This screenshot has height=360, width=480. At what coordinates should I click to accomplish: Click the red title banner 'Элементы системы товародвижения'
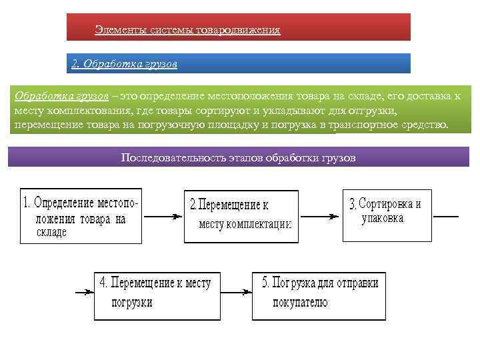click(x=238, y=27)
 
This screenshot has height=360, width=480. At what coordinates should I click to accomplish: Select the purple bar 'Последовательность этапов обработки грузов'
click(x=238, y=157)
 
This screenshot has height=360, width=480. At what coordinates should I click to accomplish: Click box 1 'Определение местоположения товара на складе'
click(x=81, y=217)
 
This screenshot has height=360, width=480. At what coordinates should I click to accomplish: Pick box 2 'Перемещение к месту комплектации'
click(x=239, y=217)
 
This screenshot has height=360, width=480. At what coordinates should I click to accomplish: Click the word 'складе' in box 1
click(x=52, y=233)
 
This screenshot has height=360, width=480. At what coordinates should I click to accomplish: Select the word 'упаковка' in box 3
click(x=382, y=219)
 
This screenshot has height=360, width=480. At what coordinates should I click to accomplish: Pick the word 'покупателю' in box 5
click(x=301, y=302)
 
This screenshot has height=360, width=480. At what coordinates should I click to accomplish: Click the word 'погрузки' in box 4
click(x=132, y=302)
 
